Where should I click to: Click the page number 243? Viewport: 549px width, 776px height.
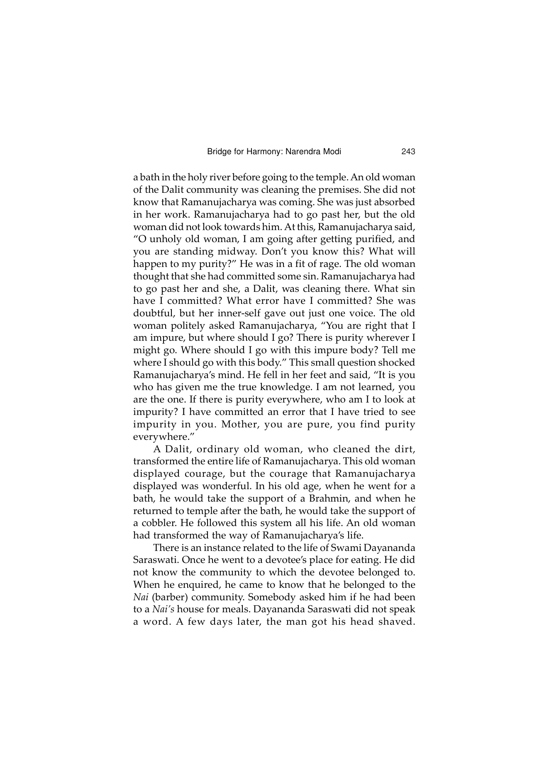(408, 152)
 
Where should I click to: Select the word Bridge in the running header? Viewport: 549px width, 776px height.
(218, 152)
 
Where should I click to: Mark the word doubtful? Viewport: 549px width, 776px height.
(152, 313)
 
